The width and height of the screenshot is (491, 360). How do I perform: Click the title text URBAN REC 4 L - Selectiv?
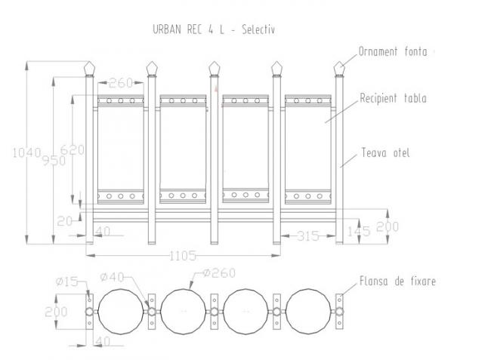(x=214, y=29)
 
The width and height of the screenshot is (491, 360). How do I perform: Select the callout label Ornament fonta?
(x=393, y=51)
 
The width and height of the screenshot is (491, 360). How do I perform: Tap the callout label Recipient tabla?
(x=393, y=98)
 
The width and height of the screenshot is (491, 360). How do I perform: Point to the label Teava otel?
(x=385, y=153)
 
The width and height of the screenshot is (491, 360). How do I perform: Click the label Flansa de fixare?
(x=397, y=281)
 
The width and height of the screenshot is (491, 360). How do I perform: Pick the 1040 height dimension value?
(x=26, y=153)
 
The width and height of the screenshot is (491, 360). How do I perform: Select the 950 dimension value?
(x=54, y=161)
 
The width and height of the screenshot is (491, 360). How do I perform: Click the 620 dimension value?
(x=73, y=150)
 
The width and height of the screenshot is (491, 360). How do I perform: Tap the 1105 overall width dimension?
(x=183, y=256)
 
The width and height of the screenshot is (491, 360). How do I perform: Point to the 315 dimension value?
(x=308, y=236)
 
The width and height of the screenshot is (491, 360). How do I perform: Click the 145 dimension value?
(x=359, y=232)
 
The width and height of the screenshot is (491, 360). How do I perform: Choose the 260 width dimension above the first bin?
(x=121, y=83)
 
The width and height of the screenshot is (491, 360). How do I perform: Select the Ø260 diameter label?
(x=219, y=273)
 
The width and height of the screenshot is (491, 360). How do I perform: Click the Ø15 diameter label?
(x=66, y=282)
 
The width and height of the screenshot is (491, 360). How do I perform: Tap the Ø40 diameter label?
(x=112, y=277)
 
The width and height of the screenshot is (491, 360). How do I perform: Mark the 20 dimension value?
(x=65, y=221)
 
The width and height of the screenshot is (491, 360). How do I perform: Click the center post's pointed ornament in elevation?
(x=215, y=69)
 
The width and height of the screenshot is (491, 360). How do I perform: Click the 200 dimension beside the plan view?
(x=56, y=312)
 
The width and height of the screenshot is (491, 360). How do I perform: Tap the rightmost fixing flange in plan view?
(x=339, y=312)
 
